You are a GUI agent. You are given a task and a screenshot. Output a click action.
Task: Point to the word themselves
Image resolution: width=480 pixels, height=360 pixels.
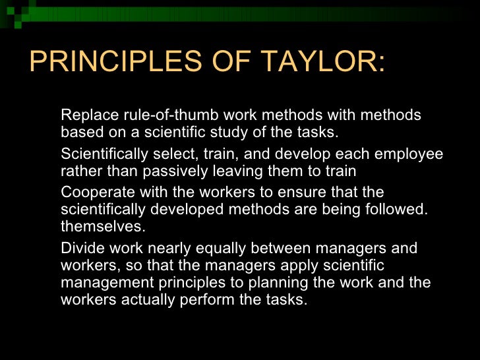(102, 225)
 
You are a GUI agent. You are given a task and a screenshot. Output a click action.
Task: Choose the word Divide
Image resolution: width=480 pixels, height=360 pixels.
(82, 249)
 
